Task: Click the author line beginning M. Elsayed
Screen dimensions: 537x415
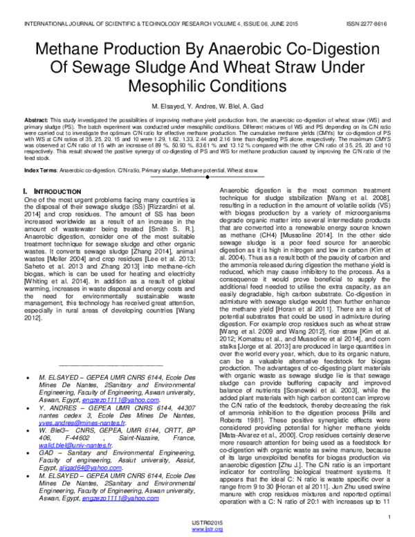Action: coord(207,108)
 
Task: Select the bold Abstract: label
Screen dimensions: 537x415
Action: coord(37,120)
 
